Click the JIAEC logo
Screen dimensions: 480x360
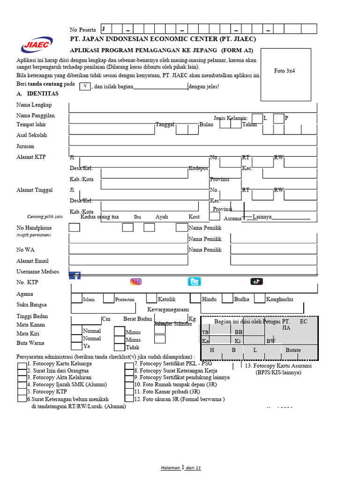click(37, 45)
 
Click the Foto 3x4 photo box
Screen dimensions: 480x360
click(286, 74)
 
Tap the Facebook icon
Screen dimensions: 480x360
click(75, 275)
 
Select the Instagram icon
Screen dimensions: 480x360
click(136, 281)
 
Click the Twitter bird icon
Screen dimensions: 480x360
click(194, 281)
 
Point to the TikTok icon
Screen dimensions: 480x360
click(256, 281)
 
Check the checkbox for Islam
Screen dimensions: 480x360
click(77, 298)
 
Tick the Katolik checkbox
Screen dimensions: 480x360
click(151, 298)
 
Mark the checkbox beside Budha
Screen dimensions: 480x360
click(227, 298)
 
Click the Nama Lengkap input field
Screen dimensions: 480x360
click(192, 107)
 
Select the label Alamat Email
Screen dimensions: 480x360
click(32, 261)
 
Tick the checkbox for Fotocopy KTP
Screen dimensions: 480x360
click(22, 391)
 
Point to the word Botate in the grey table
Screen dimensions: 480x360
click(293, 350)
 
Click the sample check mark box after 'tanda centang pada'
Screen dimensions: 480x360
click(85, 86)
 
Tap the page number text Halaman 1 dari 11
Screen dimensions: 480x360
click(180, 468)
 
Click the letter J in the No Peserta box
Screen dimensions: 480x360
click(103, 29)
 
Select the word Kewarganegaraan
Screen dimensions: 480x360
click(168, 310)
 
